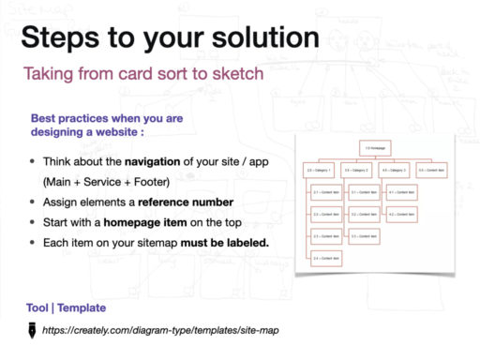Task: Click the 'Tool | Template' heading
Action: coord(66,308)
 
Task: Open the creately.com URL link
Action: coord(160,330)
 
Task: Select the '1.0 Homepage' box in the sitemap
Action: coord(375,148)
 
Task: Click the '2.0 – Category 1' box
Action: coord(320,171)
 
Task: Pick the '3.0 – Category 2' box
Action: coord(357,171)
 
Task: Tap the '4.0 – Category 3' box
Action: coord(395,171)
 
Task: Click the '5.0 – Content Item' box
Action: coord(432,171)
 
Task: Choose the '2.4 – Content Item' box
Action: coord(325,257)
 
